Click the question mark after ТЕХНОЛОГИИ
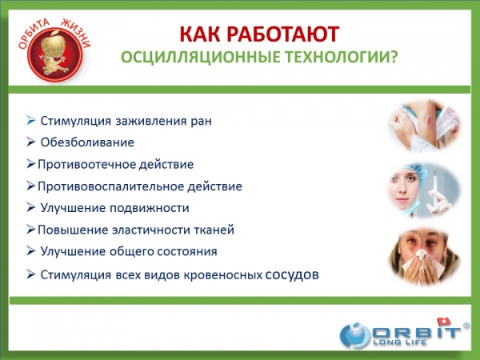point(394,57)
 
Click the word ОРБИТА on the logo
point(34,33)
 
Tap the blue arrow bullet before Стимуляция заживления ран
point(30,120)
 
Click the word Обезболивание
point(87,142)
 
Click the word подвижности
point(150,208)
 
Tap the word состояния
point(187,252)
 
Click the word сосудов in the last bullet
point(292,274)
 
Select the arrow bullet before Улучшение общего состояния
point(30,250)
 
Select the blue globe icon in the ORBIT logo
point(355,335)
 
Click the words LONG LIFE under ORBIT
point(400,342)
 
